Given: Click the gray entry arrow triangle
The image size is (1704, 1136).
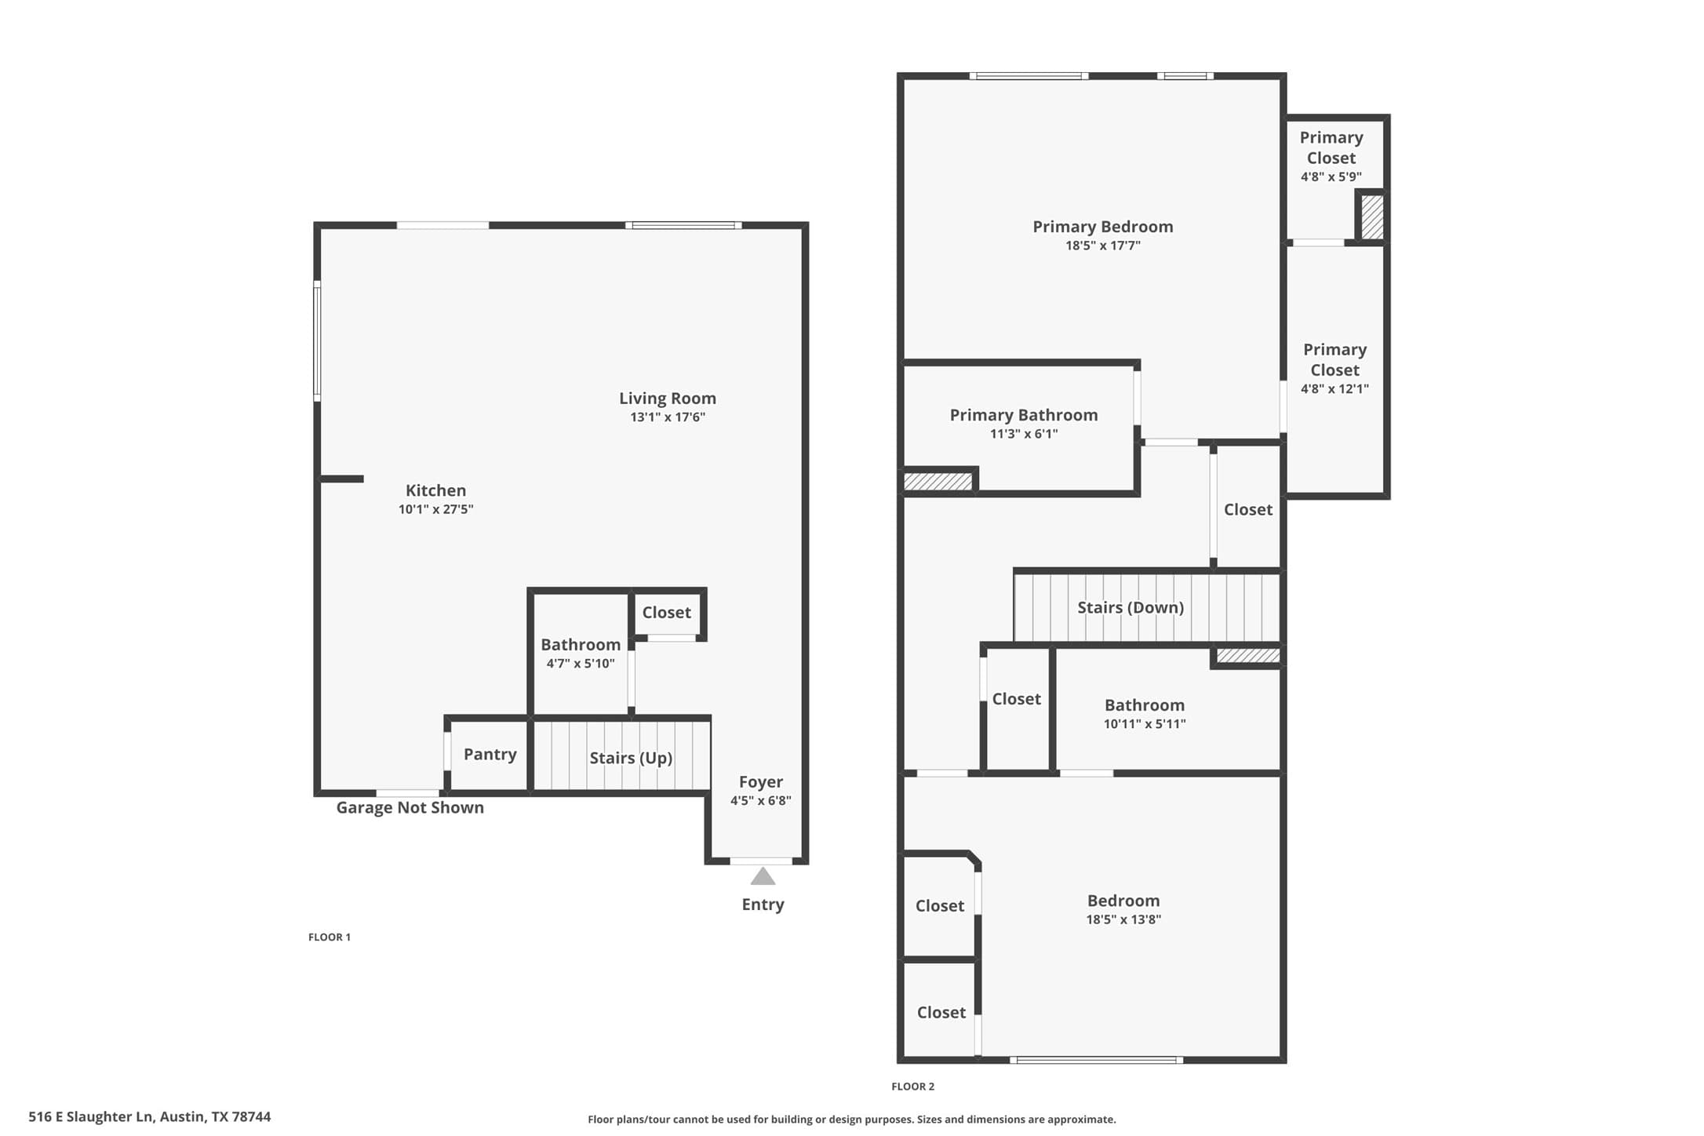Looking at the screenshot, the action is pos(763,876).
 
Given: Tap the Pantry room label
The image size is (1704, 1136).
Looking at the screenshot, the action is pos(490,754).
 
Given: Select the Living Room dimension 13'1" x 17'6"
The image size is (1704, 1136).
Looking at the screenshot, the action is pos(668,417).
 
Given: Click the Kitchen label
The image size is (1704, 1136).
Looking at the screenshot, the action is pos(435,490).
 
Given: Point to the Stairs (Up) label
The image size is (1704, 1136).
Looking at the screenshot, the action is pos(631,758).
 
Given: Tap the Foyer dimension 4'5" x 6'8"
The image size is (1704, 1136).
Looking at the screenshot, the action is pos(761,801).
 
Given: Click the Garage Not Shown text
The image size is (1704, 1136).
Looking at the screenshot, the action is pos(410,807).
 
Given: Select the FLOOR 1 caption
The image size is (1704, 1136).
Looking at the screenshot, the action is pos(330,937).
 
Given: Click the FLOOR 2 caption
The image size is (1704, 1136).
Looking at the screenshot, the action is pos(913,1087).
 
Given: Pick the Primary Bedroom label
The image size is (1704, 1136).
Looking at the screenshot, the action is pos(1103,227).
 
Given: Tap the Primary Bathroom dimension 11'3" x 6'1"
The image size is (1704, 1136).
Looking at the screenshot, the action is pos(1024,434).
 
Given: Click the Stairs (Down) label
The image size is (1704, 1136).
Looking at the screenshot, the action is pos(1131,607).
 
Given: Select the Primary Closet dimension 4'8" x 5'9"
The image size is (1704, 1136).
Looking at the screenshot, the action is pos(1331,177).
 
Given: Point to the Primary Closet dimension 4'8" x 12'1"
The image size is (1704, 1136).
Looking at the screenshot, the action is pos(1334,389).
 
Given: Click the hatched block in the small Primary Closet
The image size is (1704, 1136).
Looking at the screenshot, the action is pos(1372,217).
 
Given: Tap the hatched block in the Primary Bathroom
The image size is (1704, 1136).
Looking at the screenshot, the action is pos(938,481).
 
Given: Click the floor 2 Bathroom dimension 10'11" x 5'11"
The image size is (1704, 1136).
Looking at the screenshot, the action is pos(1145,724).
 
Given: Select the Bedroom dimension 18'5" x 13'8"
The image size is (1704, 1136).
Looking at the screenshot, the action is pos(1123,919).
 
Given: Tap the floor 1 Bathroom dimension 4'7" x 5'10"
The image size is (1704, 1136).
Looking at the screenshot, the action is pos(581,664).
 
